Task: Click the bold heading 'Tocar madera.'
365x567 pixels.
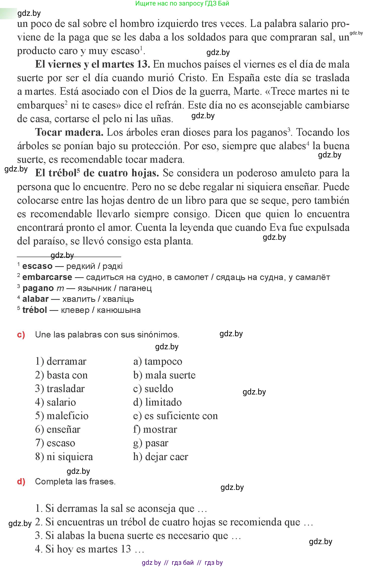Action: point(69,132)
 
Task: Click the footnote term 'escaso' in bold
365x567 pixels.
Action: point(37,266)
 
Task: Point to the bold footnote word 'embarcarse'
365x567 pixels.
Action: point(47,277)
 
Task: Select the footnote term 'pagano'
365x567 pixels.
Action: point(38,288)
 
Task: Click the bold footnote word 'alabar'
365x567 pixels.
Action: point(35,299)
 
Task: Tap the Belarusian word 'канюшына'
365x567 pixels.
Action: point(119,310)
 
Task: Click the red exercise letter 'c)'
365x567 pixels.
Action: point(21,335)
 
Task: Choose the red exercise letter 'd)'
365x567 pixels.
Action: point(21,481)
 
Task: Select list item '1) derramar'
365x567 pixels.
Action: point(61,362)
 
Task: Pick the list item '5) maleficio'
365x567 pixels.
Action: point(62,416)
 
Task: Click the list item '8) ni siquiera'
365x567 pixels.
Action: point(64,457)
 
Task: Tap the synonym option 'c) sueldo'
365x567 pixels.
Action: point(153,389)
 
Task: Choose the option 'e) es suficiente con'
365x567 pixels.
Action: point(175,416)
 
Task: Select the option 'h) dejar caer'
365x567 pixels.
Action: point(161,457)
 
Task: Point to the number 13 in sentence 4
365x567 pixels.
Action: point(126,549)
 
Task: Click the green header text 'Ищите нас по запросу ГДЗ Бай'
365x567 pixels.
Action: point(182,4)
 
